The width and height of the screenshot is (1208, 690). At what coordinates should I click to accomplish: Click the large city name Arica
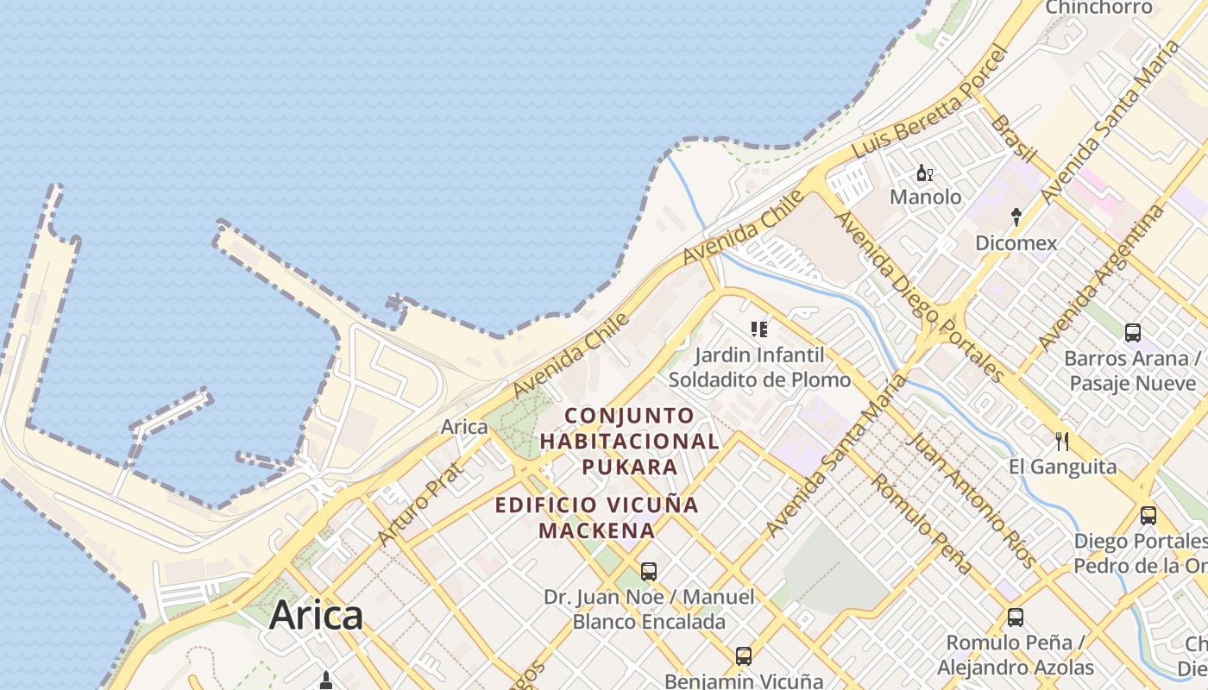[x=316, y=616]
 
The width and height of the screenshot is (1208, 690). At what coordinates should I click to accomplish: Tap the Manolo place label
[x=925, y=198]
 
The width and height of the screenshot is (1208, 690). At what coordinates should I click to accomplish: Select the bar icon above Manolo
[x=925, y=173]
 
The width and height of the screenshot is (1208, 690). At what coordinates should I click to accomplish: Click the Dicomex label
[x=1016, y=243]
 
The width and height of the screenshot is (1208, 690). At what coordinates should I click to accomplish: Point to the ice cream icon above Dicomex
[x=1016, y=216]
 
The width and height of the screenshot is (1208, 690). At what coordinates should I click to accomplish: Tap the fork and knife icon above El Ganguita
[x=1062, y=442]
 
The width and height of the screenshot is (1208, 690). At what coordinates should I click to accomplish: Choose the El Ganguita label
[x=1062, y=467]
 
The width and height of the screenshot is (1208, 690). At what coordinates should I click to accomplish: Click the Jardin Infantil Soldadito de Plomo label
[x=759, y=367]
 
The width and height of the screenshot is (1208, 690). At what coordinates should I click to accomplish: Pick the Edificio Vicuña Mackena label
[x=596, y=517]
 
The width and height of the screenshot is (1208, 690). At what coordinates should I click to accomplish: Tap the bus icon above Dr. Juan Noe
[x=649, y=571]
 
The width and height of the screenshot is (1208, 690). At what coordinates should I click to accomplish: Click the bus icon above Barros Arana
[x=1133, y=332]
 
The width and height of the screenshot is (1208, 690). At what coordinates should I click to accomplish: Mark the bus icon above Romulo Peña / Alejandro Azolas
[x=1016, y=618]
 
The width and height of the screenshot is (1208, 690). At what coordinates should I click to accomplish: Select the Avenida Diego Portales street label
[x=918, y=296]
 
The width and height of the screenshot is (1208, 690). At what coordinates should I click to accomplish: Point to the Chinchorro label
[x=1098, y=8]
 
